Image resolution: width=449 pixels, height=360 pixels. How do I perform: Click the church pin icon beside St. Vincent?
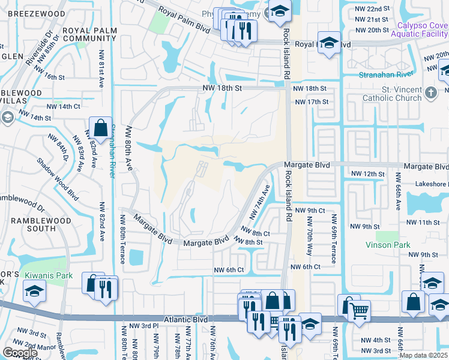430,92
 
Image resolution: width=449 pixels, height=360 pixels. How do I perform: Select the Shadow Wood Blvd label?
58,178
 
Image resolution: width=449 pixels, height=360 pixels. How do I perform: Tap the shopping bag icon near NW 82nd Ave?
99,127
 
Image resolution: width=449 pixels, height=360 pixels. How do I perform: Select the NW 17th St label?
312,102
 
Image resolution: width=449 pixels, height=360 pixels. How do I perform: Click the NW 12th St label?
366,174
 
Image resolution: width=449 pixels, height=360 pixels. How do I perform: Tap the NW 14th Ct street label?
63,107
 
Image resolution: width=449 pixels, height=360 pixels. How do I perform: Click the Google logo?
20,353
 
